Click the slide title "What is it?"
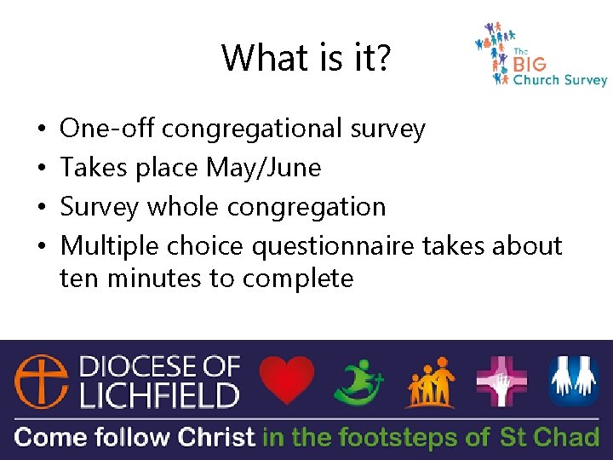click(307, 58)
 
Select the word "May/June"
click(264, 168)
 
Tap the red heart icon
click(286, 380)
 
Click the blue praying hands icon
click(574, 381)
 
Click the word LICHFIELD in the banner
click(159, 395)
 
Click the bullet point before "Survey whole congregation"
click(42, 207)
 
